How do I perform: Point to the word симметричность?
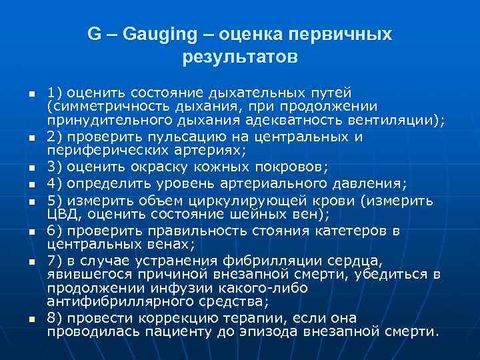(106, 106)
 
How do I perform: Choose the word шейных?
(252, 213)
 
